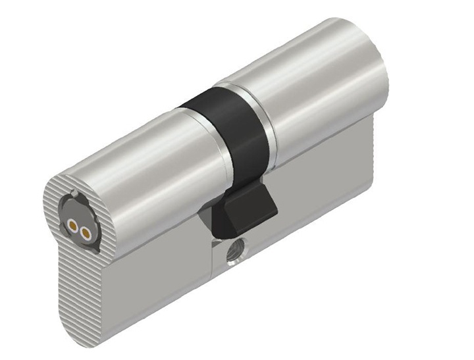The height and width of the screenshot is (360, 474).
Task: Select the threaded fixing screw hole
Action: tap(234, 251)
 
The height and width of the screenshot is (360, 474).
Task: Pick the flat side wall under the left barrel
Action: tap(158, 276)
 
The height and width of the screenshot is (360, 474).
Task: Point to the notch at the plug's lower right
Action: tap(97, 249)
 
